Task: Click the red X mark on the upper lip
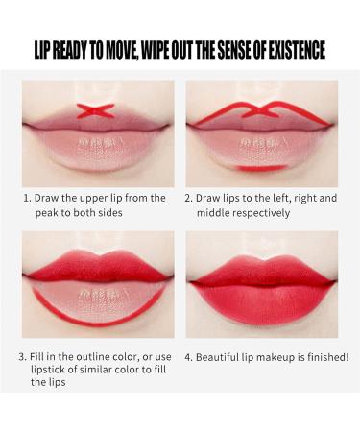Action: (95, 110)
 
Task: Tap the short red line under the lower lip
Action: (262, 168)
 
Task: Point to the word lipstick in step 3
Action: (48, 370)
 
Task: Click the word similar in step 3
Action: (95, 370)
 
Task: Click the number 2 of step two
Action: (188, 199)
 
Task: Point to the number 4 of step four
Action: (188, 357)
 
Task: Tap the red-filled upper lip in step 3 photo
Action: (99, 266)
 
